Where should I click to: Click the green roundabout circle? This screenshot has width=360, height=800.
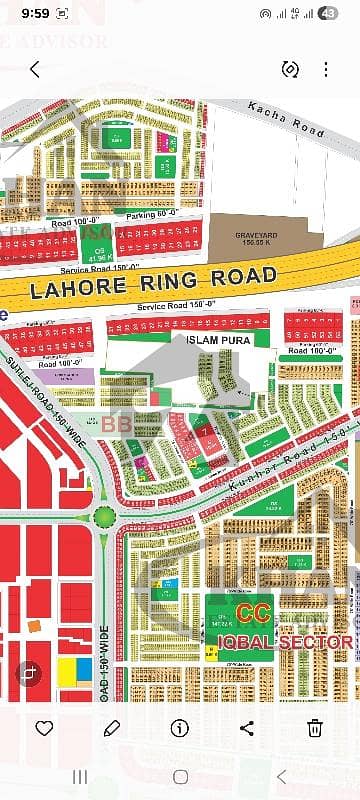point(104,516)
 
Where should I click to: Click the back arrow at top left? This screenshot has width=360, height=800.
point(35,69)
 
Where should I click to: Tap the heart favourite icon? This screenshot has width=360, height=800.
point(45,727)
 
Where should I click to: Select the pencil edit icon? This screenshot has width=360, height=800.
point(112,727)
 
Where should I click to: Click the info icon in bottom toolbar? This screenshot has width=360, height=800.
point(180,727)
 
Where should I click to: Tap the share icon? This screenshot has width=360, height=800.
point(247,727)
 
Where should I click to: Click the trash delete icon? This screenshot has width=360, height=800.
point(315,727)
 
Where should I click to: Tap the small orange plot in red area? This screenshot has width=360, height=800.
point(34,625)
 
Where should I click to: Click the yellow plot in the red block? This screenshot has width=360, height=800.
point(68,669)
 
